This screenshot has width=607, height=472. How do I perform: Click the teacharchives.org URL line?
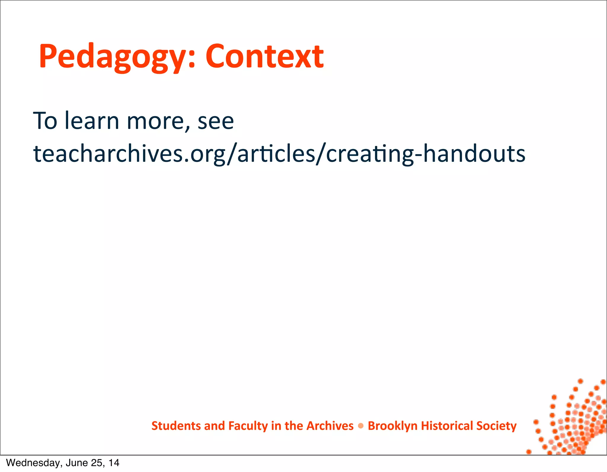point(279,154)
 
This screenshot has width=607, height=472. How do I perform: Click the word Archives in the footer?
point(330,426)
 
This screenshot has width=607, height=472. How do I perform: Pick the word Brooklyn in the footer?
point(392,426)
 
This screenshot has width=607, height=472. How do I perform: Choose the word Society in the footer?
point(496,426)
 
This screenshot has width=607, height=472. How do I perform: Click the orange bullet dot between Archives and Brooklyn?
point(361,426)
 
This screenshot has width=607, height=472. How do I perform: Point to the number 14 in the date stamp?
point(114,463)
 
